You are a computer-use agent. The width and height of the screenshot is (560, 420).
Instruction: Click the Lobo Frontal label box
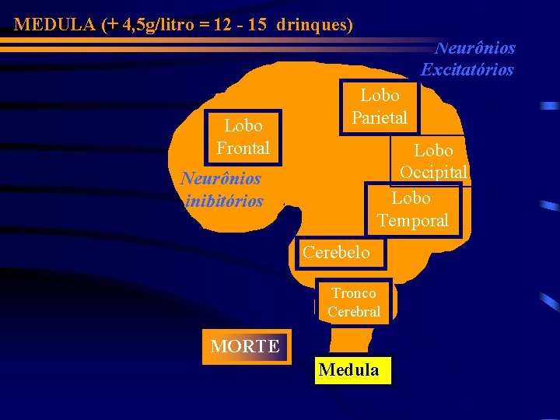[x=243, y=136]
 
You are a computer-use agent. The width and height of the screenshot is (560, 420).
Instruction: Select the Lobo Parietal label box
[x=379, y=107]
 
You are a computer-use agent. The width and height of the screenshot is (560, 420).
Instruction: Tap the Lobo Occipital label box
[x=433, y=160]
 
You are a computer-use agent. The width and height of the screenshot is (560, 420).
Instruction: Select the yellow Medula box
[x=349, y=370]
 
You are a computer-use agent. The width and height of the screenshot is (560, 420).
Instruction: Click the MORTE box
[x=245, y=347]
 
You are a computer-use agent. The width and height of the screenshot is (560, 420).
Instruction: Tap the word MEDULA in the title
[x=54, y=25]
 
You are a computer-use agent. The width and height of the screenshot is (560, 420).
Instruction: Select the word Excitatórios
[x=467, y=69]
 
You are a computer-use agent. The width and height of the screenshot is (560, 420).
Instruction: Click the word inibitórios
[x=225, y=201]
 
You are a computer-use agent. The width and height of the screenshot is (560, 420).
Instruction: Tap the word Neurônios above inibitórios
[x=221, y=178]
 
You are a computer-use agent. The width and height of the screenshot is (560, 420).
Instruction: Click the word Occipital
[x=433, y=172]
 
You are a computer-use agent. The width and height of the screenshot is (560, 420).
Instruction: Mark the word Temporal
[x=413, y=221]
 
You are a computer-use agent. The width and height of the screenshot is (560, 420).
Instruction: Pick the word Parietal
[x=380, y=118]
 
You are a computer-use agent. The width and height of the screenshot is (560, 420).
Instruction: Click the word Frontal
[x=243, y=147]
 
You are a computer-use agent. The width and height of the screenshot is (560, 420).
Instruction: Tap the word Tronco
[x=354, y=293]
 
